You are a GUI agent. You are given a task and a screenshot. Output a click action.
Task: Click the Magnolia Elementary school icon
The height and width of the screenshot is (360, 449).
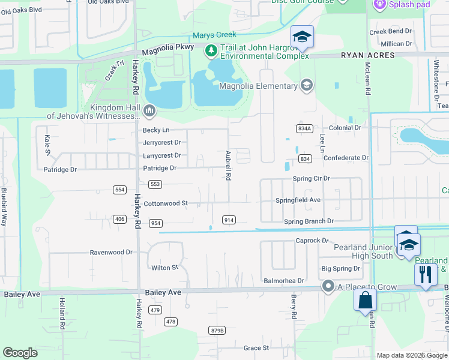click(307, 86)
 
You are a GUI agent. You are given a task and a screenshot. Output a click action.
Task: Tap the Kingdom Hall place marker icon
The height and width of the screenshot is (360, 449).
click(149, 110)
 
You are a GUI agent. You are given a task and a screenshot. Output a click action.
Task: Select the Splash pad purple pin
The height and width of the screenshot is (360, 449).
click(379, 5)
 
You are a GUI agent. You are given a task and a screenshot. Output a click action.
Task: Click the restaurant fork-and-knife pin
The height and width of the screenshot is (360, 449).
click(426, 275)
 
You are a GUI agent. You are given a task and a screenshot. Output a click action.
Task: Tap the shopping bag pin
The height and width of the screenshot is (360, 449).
click(365, 300)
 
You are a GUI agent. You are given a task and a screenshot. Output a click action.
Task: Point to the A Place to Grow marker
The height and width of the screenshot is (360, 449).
click(328, 287)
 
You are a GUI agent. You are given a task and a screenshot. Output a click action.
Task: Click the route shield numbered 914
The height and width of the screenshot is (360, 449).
click(228, 220)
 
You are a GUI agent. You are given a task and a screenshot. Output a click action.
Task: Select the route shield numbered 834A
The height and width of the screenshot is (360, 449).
click(304, 128)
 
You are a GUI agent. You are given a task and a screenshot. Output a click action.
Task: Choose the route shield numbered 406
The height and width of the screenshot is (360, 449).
click(119, 219)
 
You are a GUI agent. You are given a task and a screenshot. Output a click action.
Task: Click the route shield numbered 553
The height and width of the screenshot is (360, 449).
click(155, 184)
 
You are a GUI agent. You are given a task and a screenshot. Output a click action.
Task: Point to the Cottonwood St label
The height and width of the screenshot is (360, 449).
click(166, 203)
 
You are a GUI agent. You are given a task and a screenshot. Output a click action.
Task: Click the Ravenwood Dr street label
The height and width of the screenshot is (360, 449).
click(111, 253)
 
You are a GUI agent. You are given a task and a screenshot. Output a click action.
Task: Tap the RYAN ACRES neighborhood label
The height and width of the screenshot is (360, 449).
click(368, 55)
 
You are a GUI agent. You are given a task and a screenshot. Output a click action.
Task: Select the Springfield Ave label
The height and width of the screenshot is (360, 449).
click(298, 200)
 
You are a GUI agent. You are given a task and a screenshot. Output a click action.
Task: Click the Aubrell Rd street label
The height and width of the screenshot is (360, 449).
click(228, 166)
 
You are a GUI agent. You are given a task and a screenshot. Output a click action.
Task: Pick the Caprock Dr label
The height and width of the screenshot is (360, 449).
click(312, 241)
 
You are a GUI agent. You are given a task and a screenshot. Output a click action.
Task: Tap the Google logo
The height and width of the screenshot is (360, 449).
click(20, 353)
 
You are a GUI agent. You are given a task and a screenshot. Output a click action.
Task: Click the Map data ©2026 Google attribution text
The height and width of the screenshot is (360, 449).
click(412, 355)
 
